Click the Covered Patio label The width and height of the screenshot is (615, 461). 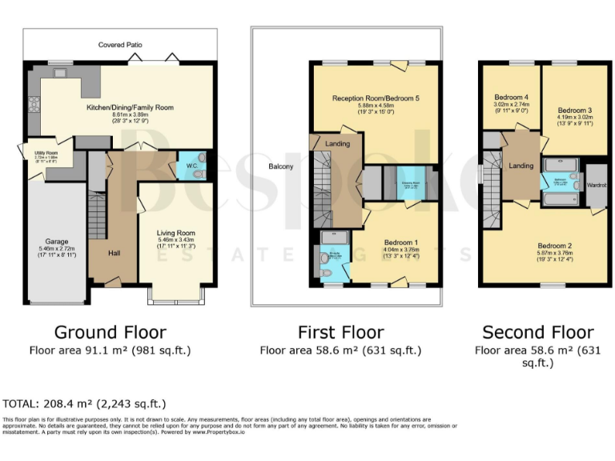pyautogui.click(x=120, y=45)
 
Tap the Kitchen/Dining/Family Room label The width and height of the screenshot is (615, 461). pyautogui.click(x=131, y=107)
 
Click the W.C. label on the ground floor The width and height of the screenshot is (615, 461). pyautogui.click(x=191, y=156)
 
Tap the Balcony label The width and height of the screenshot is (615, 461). pyautogui.click(x=281, y=167)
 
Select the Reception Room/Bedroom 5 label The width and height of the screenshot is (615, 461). pyautogui.click(x=376, y=98)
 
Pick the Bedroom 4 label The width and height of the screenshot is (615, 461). pyautogui.click(x=509, y=97)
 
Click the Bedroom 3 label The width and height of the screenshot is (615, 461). pyautogui.click(x=574, y=110)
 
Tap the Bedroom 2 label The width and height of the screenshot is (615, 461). pyautogui.click(x=554, y=246)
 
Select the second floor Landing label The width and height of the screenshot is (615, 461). pyautogui.click(x=521, y=166)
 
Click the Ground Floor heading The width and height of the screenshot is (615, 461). pyautogui.click(x=110, y=332)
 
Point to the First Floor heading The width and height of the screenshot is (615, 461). pyautogui.click(x=340, y=332)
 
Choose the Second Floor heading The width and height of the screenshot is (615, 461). pyautogui.click(x=537, y=332)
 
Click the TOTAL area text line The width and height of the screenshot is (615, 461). pyautogui.click(x=85, y=404)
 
